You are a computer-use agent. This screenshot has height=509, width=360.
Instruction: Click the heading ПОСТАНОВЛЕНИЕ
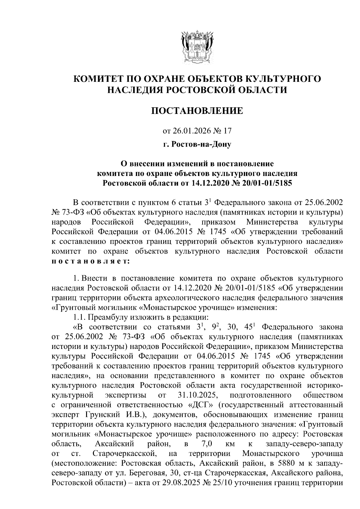(197, 111)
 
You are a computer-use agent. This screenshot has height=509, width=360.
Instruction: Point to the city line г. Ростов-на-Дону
(197, 145)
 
